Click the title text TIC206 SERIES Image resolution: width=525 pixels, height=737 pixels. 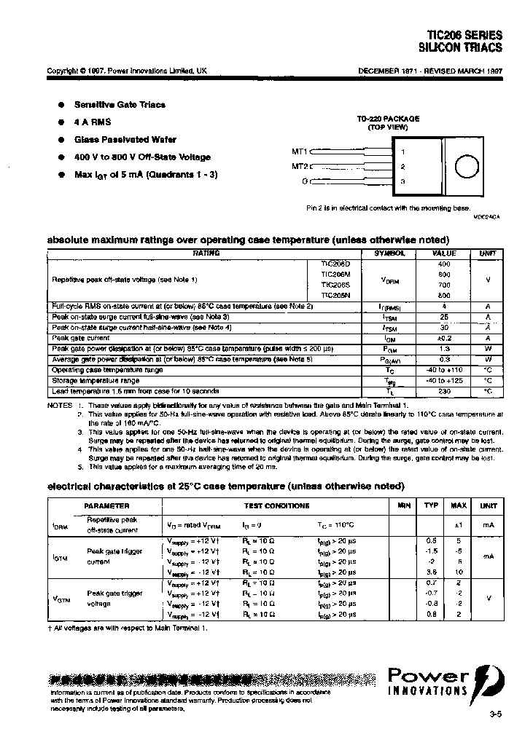pyautogui.click(x=465, y=35)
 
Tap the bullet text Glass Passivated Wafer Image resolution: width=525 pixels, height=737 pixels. pyautogui.click(x=124, y=140)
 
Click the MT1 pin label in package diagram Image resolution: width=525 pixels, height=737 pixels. pyautogui.click(x=300, y=152)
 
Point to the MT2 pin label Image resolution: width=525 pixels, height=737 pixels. pyautogui.click(x=300, y=166)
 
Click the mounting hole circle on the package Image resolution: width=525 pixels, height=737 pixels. pyautogui.click(x=464, y=167)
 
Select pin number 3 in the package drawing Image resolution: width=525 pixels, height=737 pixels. pyautogui.click(x=402, y=181)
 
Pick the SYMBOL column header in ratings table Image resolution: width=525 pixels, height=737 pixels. pyautogui.click(x=390, y=253)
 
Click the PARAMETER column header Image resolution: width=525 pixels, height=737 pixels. pyautogui.click(x=106, y=505)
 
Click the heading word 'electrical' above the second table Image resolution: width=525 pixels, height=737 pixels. pyautogui.click(x=70, y=486)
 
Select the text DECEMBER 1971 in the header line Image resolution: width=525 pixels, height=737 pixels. pyautogui.click(x=386, y=71)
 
